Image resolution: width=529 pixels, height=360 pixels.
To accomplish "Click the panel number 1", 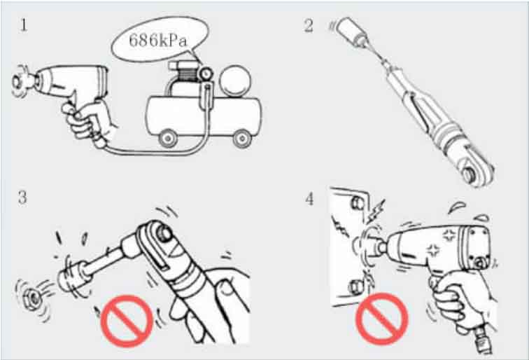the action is pos(23,25).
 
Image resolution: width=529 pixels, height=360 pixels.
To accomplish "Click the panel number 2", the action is pos(309,26).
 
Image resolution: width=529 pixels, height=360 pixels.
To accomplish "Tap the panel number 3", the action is pos(22,198).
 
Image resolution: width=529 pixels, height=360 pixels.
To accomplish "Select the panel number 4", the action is pos(309,199).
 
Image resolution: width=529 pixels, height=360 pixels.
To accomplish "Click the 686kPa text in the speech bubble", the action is pos(158,41).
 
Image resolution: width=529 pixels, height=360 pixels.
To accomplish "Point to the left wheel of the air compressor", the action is pos(168,139).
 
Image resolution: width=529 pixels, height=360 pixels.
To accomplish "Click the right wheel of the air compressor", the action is pos(242,139).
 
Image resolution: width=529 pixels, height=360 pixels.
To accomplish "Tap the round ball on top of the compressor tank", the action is pos(235,81).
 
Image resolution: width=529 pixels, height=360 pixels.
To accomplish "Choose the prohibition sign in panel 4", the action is pos(382,319).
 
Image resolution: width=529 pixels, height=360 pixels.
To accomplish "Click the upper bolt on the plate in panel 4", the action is pos(358,202).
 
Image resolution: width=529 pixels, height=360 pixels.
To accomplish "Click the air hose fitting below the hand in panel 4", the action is pos(482,340).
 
